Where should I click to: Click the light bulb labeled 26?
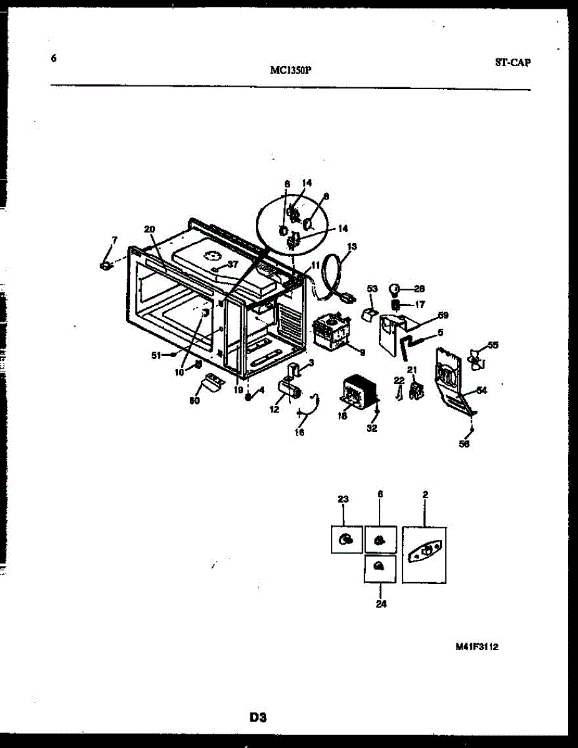point(394,289)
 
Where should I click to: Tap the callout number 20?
point(149,229)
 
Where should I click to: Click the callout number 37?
point(233,264)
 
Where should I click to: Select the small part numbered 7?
point(105,266)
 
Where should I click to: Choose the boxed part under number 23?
point(346,540)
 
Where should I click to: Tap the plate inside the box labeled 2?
point(424,554)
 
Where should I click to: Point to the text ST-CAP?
point(513,62)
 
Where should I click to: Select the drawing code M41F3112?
point(477,646)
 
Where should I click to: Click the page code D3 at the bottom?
point(258,717)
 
